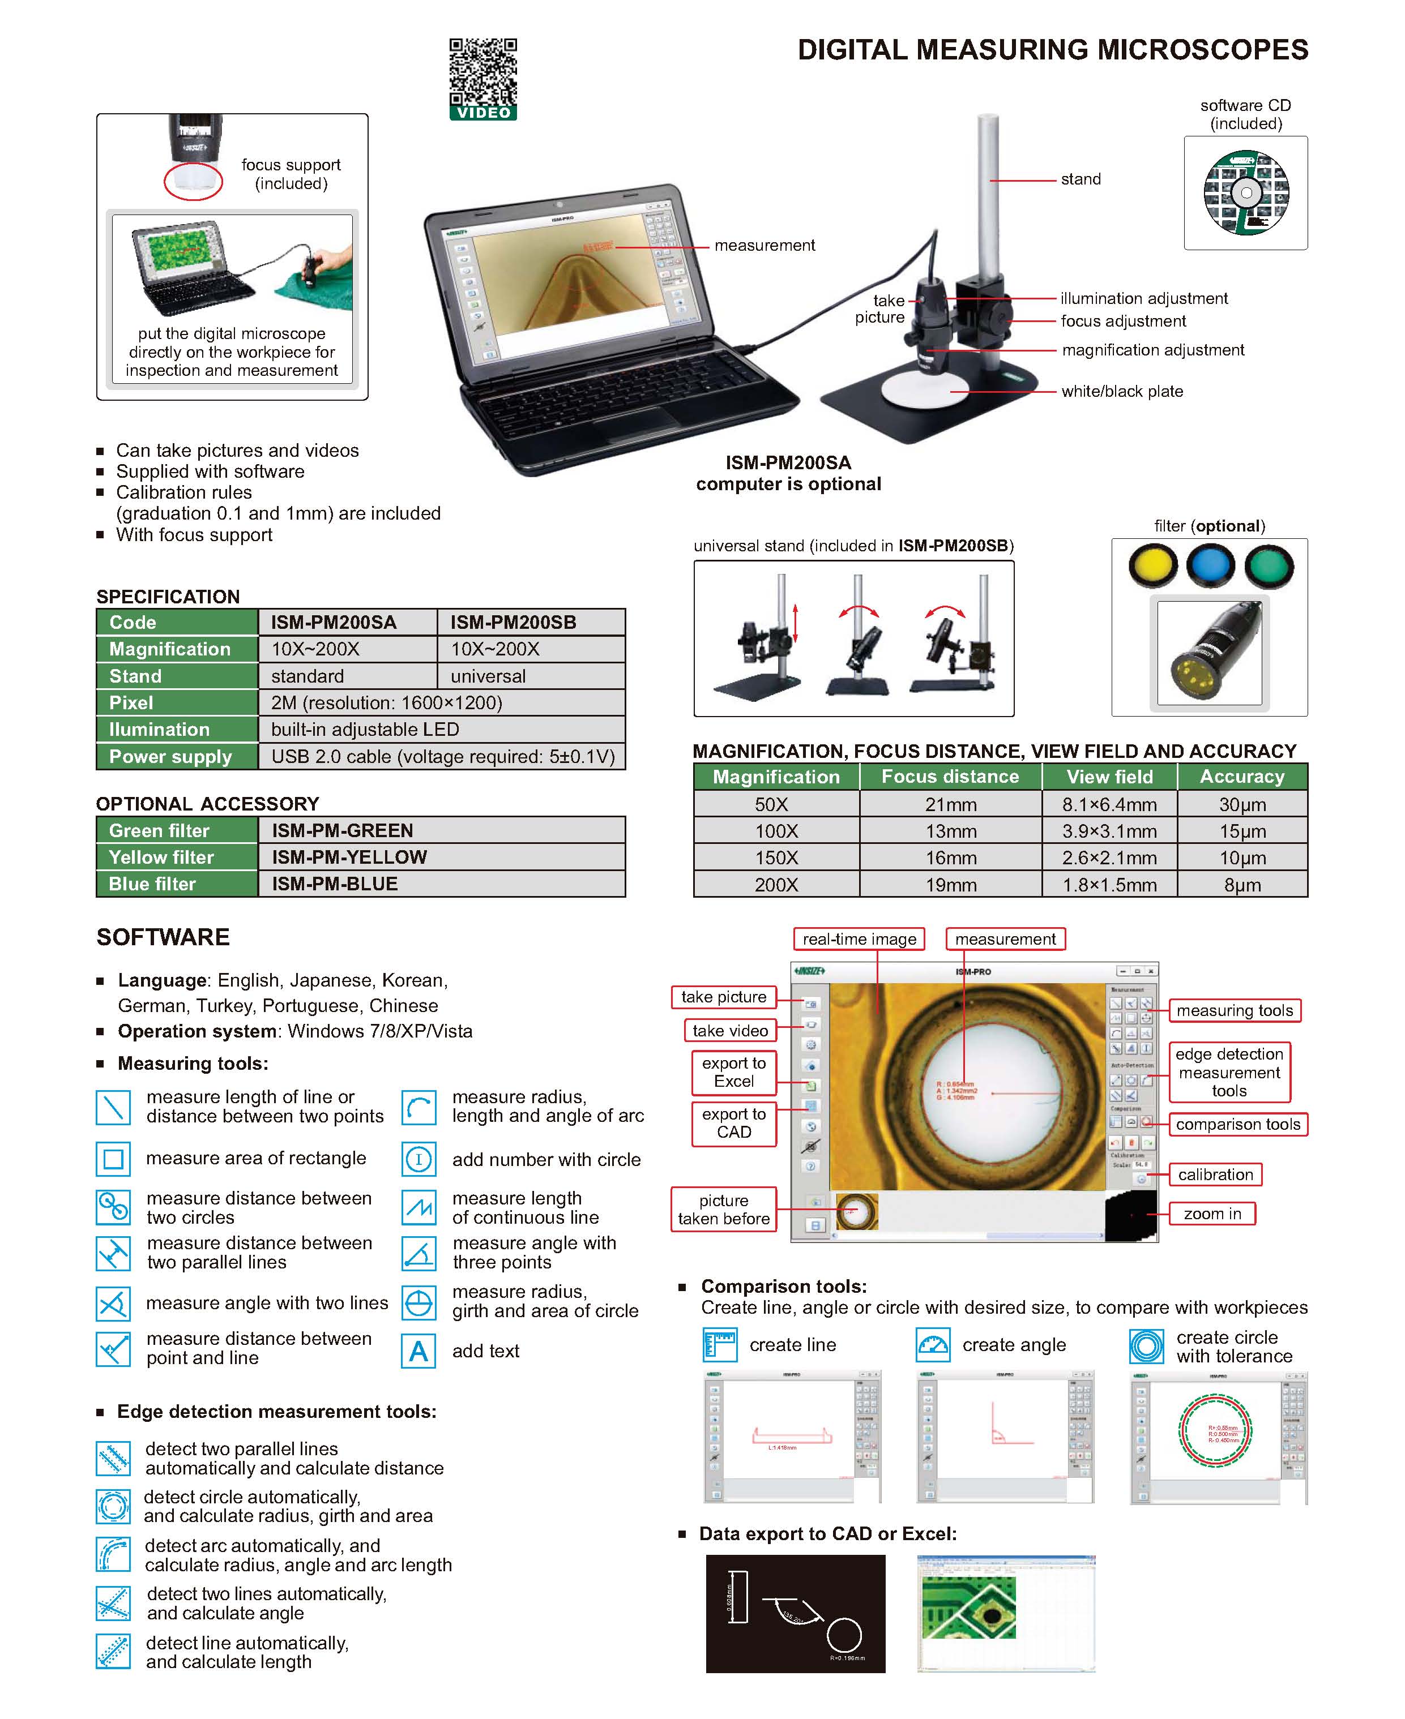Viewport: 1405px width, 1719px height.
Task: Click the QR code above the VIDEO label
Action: click(x=482, y=71)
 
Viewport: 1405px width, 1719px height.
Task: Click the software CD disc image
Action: click(x=1245, y=192)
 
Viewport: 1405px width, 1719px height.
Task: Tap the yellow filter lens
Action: click(x=1152, y=565)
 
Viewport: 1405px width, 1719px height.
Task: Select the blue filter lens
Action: click(x=1210, y=565)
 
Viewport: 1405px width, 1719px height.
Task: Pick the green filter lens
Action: click(x=1269, y=565)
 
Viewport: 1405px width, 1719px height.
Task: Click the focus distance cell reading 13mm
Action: click(x=950, y=831)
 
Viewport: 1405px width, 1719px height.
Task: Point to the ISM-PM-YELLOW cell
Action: click(x=441, y=856)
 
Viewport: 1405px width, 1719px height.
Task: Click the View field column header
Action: click(x=1109, y=777)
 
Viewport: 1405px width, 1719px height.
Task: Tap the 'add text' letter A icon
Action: click(x=418, y=1351)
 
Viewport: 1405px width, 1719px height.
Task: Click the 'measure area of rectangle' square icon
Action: click(x=113, y=1159)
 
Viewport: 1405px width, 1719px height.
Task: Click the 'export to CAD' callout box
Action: click(x=733, y=1123)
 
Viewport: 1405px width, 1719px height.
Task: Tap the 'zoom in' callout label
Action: click(x=1211, y=1214)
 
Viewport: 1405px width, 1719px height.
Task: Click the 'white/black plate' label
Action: click(x=1122, y=392)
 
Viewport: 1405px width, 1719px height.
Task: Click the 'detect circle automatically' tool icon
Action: click(x=113, y=1506)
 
